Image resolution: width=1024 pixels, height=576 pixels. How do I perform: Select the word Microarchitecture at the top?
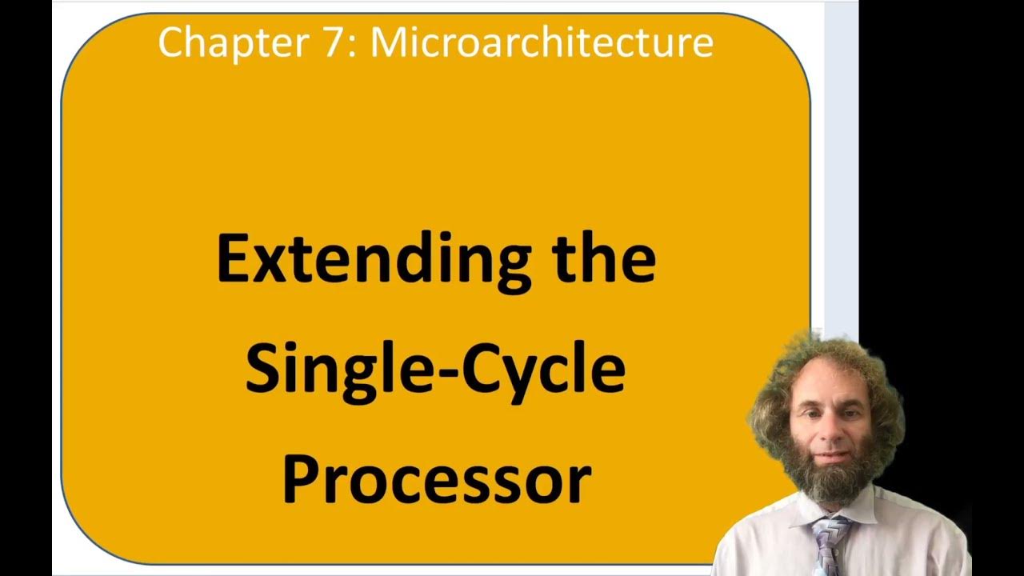coord(542,42)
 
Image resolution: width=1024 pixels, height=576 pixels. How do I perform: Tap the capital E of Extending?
coord(233,260)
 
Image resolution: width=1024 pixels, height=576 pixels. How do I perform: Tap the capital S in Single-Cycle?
coord(262,370)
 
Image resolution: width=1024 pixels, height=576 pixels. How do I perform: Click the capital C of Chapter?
coord(170,42)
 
